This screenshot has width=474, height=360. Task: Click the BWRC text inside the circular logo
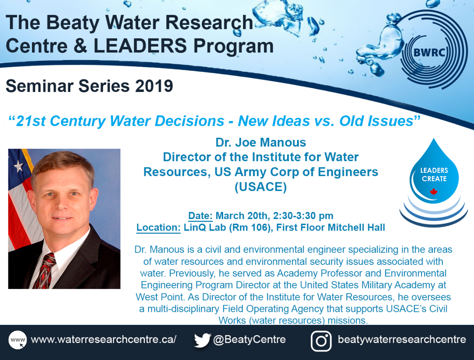tap(429, 52)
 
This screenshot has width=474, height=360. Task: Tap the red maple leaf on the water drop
tap(433, 192)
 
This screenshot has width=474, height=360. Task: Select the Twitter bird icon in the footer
tap(202, 341)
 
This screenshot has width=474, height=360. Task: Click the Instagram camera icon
tap(321, 341)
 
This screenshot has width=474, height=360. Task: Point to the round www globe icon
tap(17, 340)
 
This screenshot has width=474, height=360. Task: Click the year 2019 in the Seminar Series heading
tap(154, 86)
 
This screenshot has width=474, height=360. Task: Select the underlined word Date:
tap(200, 216)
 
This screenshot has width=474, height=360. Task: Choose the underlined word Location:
tap(158, 227)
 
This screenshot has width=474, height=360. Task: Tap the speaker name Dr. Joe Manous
tap(261, 142)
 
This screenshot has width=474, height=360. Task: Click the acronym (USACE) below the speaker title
tap(261, 187)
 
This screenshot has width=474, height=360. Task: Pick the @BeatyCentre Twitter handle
tap(249, 340)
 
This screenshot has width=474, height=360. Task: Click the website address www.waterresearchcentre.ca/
tap(103, 340)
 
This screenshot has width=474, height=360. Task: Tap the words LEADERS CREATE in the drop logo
tap(434, 174)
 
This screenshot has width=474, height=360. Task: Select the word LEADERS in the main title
tap(140, 46)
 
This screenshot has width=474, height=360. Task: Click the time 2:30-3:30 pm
tap(303, 216)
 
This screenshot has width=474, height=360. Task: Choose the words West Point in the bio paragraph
tap(160, 297)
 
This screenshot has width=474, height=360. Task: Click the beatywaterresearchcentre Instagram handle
tap(402, 340)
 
